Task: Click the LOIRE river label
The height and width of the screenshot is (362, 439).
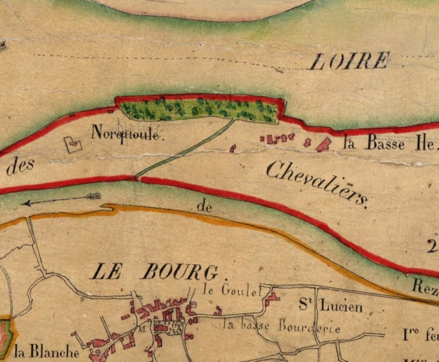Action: (x=350, y=60)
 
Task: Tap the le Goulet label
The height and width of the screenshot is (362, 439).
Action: (x=233, y=290)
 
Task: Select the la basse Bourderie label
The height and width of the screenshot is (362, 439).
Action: (x=282, y=327)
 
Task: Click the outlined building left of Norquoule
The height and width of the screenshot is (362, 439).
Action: (x=73, y=144)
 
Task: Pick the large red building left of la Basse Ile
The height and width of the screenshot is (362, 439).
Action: (x=324, y=144)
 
